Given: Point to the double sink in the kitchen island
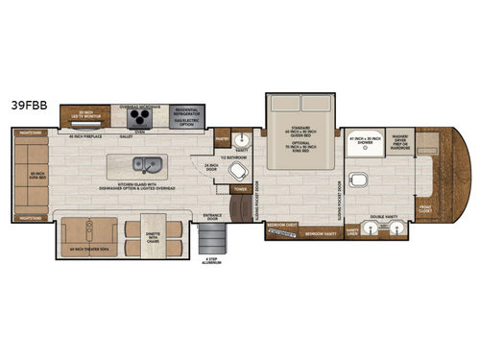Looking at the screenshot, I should (148, 163).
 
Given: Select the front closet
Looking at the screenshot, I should (424, 204).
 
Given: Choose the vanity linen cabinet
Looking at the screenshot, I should (353, 230).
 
